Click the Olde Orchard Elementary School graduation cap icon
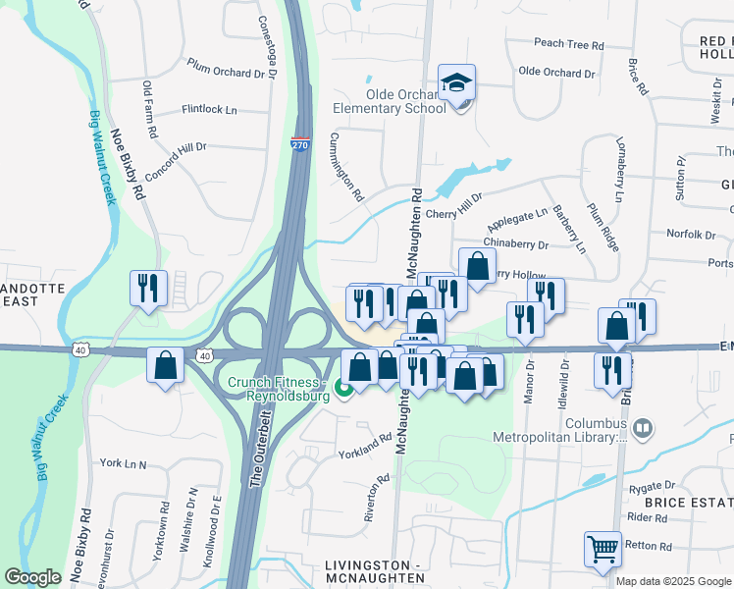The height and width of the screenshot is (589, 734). pyautogui.click(x=456, y=82)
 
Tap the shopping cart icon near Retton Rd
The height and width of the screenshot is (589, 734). pyautogui.click(x=603, y=549)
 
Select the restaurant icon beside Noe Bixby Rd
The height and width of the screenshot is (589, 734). pyautogui.click(x=148, y=289)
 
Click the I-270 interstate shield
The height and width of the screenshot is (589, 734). pyautogui.click(x=300, y=145)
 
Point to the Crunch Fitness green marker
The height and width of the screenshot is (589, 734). pyautogui.click(x=343, y=389)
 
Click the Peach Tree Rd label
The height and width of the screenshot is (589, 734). pyautogui.click(x=569, y=44)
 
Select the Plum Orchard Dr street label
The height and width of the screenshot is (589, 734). pyautogui.click(x=227, y=68)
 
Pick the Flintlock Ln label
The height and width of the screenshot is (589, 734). pyautogui.click(x=209, y=110)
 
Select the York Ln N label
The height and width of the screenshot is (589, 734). pyautogui.click(x=123, y=463)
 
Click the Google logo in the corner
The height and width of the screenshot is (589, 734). pyautogui.click(x=32, y=577)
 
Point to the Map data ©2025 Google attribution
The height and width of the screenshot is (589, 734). pyautogui.click(x=673, y=581)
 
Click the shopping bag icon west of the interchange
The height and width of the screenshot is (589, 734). pyautogui.click(x=165, y=365)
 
